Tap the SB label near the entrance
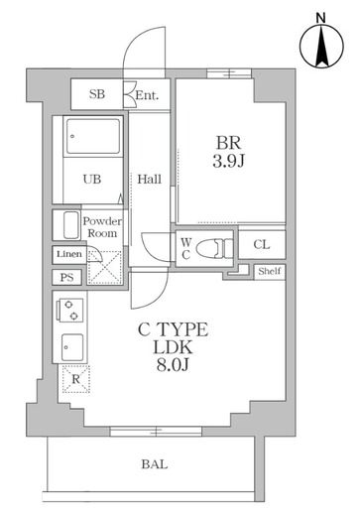point(97,94)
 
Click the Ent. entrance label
point(147,95)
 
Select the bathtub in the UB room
point(93,136)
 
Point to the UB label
point(92,180)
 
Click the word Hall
point(150,180)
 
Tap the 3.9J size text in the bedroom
point(229,162)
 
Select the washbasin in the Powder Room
point(71,225)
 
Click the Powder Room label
point(102,227)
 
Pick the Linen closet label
point(69,254)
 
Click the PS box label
point(66,277)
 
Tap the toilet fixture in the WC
point(214,248)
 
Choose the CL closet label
point(262,245)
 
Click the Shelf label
point(270,271)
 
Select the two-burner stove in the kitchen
point(70,310)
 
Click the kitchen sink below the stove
point(72,347)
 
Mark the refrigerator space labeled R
point(76,379)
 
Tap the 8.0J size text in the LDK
point(173,364)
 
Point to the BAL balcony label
point(155,464)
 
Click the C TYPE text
point(173,329)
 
